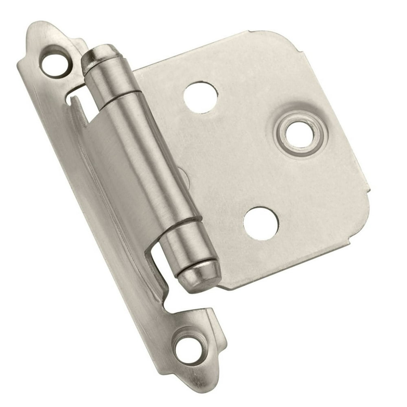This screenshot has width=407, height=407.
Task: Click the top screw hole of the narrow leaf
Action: tap(55, 63)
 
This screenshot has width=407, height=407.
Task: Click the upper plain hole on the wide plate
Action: tap(200, 97)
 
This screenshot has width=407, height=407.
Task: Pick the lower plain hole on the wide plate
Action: tap(261, 223)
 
